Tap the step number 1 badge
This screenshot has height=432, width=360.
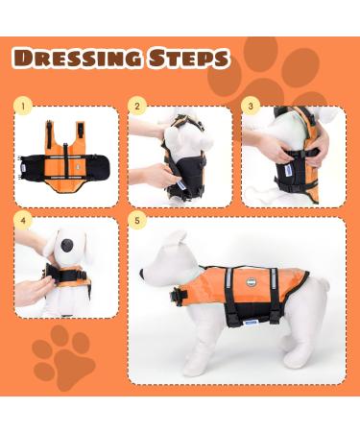pyautogui.click(x=24, y=105)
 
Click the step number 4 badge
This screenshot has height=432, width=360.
pyautogui.click(x=24, y=220)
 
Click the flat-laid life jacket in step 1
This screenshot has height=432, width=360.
pyautogui.click(x=64, y=155)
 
